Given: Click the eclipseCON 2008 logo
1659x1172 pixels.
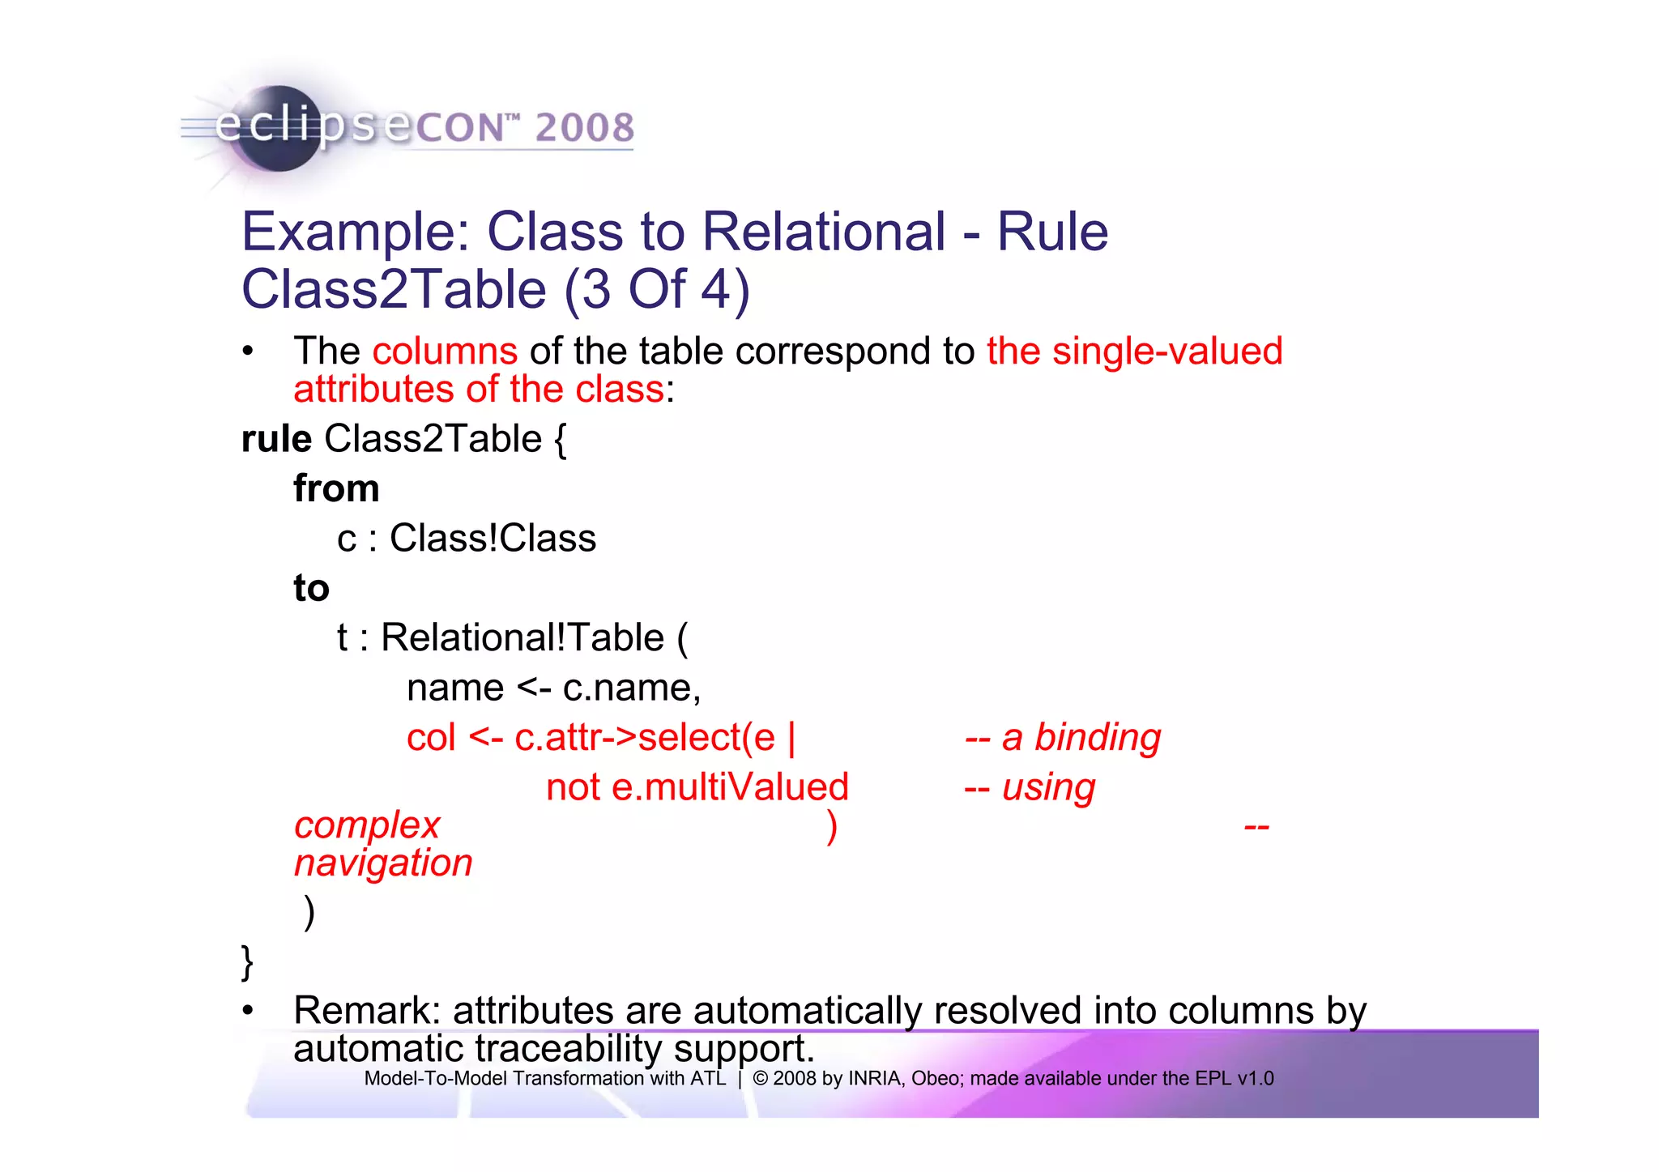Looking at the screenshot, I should (x=405, y=128).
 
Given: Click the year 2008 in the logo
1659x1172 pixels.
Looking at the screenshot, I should (x=584, y=128).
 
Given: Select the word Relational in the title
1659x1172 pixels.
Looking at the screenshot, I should (x=823, y=232).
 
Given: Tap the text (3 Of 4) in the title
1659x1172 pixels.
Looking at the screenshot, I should (x=657, y=290).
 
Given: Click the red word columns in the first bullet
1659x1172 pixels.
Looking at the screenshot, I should (x=445, y=352).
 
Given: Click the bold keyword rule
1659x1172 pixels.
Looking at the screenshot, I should (x=276, y=439).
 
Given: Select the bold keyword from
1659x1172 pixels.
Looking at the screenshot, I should (x=336, y=488).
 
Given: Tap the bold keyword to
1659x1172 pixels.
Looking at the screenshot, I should (x=311, y=588).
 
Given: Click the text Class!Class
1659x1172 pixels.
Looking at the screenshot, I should (x=493, y=539).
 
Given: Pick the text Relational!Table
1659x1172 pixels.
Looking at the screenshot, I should (x=522, y=637).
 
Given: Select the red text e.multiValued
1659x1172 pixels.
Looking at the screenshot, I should (x=730, y=787).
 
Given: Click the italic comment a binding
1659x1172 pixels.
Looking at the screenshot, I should (x=1081, y=738).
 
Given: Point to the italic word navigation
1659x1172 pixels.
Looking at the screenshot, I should (x=383, y=863).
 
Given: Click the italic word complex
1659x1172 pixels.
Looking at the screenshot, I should (x=367, y=825).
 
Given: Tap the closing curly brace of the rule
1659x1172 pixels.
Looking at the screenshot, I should (x=248, y=962).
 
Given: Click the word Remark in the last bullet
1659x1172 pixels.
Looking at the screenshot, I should (x=366, y=1011).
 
